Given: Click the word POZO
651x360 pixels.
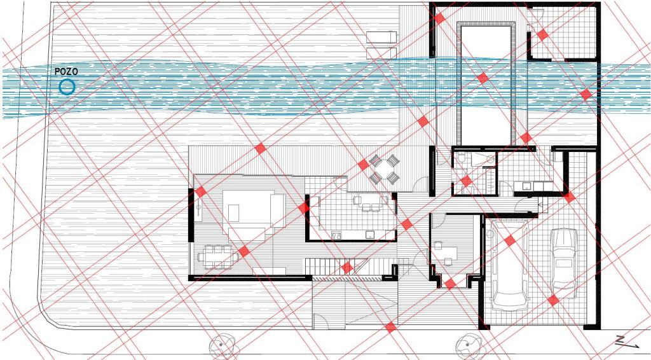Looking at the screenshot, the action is [66, 72].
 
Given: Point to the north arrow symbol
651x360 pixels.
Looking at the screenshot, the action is [626, 342].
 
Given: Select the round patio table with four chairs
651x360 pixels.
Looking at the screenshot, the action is [384, 169].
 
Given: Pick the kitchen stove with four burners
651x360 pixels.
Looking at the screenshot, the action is [336, 235].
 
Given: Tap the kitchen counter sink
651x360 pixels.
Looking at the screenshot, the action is [369, 235].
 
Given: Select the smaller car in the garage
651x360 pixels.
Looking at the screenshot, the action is [563, 263].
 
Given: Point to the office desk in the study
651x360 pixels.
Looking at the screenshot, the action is [444, 253].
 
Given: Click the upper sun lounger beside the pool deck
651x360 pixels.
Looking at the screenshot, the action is [382, 37].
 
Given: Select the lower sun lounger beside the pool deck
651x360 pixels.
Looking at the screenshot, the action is [382, 53].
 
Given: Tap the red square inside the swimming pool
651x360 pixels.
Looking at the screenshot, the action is [483, 78].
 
